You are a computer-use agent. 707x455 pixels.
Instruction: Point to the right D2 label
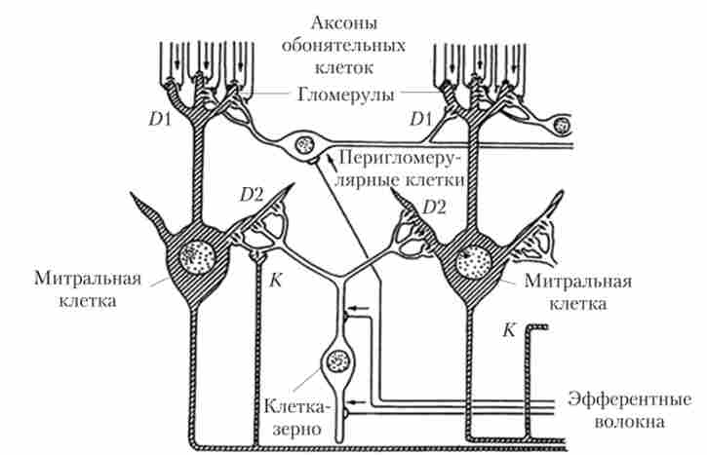tap(438, 207)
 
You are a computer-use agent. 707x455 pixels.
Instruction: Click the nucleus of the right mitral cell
tap(478, 261)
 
